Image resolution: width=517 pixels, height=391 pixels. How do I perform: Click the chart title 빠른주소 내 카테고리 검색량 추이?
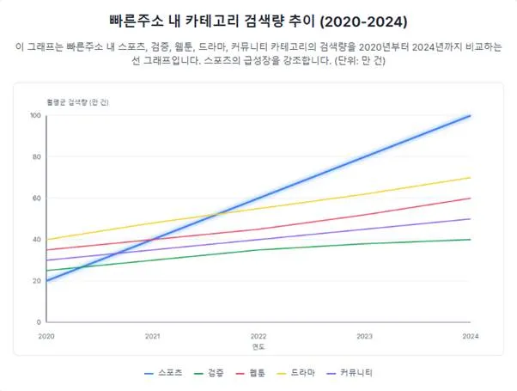click(258, 20)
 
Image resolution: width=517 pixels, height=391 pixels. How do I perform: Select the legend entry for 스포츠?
click(162, 374)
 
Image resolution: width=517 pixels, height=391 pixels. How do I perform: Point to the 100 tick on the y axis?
click(35, 115)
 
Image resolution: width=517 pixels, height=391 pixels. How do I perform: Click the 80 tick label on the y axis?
click(37, 156)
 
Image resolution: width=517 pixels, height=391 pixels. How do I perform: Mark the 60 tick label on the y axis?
click(37, 198)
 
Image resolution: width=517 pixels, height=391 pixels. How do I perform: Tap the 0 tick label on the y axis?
click(39, 322)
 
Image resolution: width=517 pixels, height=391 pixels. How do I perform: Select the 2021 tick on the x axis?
click(153, 336)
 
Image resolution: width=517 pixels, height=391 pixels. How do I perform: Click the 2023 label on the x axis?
click(364, 336)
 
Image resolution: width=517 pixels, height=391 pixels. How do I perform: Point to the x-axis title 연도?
click(258, 347)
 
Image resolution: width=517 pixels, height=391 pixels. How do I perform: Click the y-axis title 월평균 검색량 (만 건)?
click(78, 101)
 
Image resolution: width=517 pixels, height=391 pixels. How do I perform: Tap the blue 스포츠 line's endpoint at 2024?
click(471, 115)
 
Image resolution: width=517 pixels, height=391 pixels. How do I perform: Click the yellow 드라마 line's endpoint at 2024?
click(471, 177)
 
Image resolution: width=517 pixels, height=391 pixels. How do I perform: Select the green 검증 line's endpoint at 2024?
click(471, 239)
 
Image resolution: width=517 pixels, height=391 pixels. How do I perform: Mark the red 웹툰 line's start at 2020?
click(46, 250)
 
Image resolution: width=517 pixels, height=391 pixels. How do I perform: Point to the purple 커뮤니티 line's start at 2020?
click(46, 260)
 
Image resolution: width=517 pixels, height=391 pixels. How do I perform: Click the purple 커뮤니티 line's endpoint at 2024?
click(471, 218)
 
